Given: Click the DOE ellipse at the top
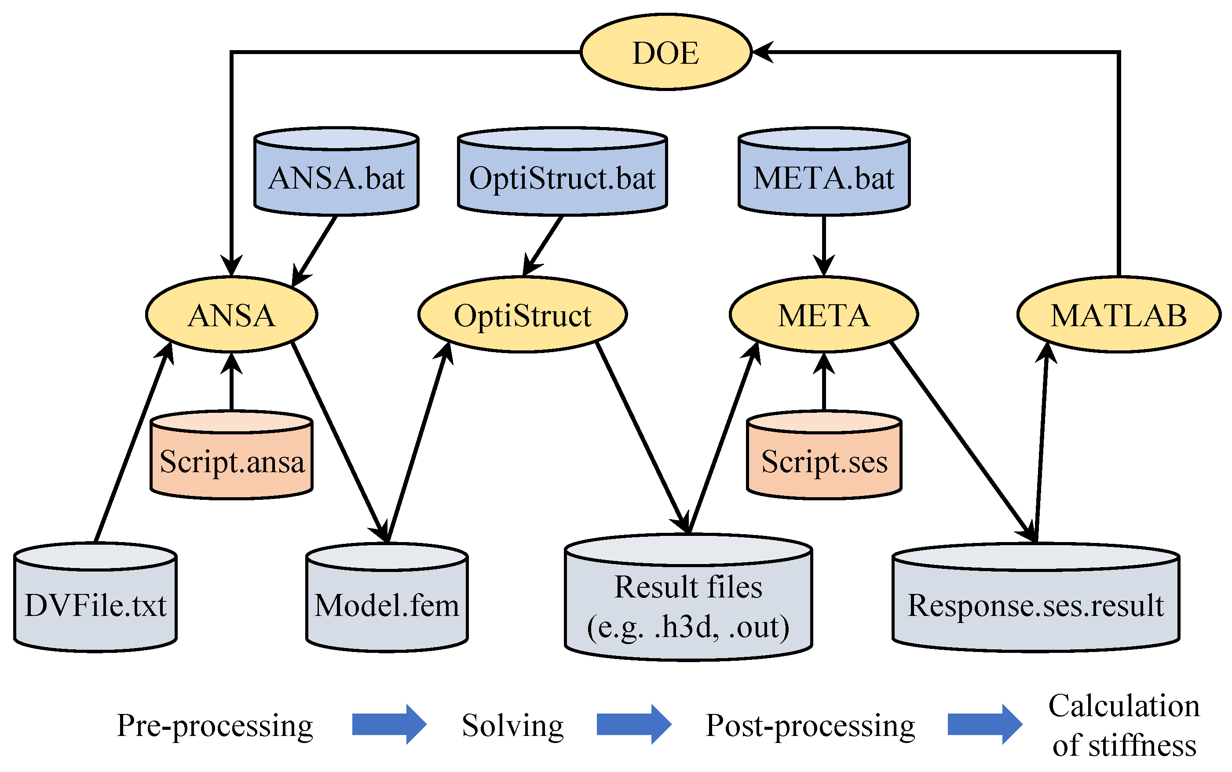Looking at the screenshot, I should tap(665, 52).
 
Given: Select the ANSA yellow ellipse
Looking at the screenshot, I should tap(231, 314).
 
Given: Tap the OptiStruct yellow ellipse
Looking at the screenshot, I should tap(522, 314).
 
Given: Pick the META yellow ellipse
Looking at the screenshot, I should tap(823, 314).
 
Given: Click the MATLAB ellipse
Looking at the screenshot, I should tap(1119, 314).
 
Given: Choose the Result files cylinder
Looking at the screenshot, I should tap(688, 605).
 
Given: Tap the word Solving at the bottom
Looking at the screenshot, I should tap(512, 725).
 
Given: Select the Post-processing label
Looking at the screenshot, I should tap(810, 725).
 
